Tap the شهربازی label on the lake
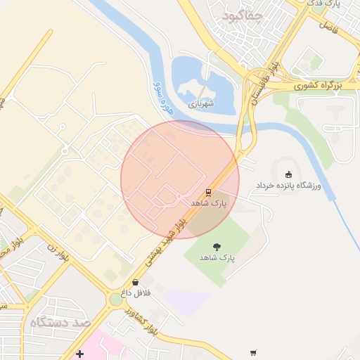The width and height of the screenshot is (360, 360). coord(199,103)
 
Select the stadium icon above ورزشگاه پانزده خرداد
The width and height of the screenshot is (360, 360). coord(288,174)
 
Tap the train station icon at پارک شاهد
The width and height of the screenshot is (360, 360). coord(208,191)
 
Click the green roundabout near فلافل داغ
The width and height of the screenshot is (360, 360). coord(115,300)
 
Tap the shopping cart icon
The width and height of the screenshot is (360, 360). coord(253,353)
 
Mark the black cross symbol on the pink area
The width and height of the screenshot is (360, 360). coord(80,353)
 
